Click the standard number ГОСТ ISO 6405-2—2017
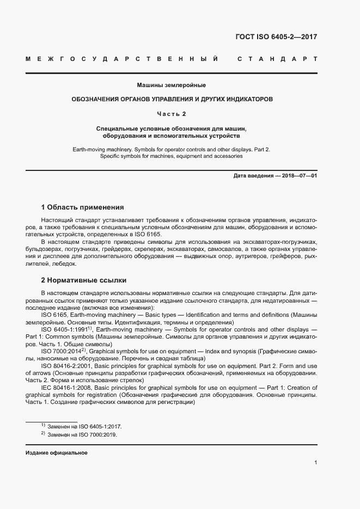tap(276, 38)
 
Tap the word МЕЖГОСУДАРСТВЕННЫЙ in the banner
tap(123, 59)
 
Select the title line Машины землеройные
tap(171, 85)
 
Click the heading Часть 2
tap(171, 114)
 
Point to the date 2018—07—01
tap(298, 176)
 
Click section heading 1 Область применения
tap(82, 207)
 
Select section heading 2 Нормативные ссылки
tap(84, 280)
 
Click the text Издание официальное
tap(56, 453)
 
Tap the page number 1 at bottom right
tap(316, 463)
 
